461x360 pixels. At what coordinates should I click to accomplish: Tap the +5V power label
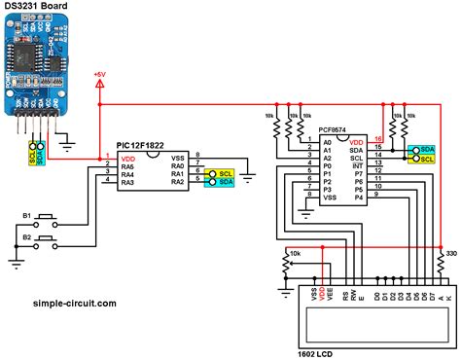[x=99, y=74]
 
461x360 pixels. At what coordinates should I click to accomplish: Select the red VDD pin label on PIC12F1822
[x=127, y=156]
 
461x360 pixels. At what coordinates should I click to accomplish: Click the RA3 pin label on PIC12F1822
[x=127, y=182]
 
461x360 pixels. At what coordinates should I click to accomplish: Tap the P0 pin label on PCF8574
[x=328, y=166]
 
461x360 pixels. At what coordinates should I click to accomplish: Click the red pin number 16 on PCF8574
[x=378, y=140]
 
